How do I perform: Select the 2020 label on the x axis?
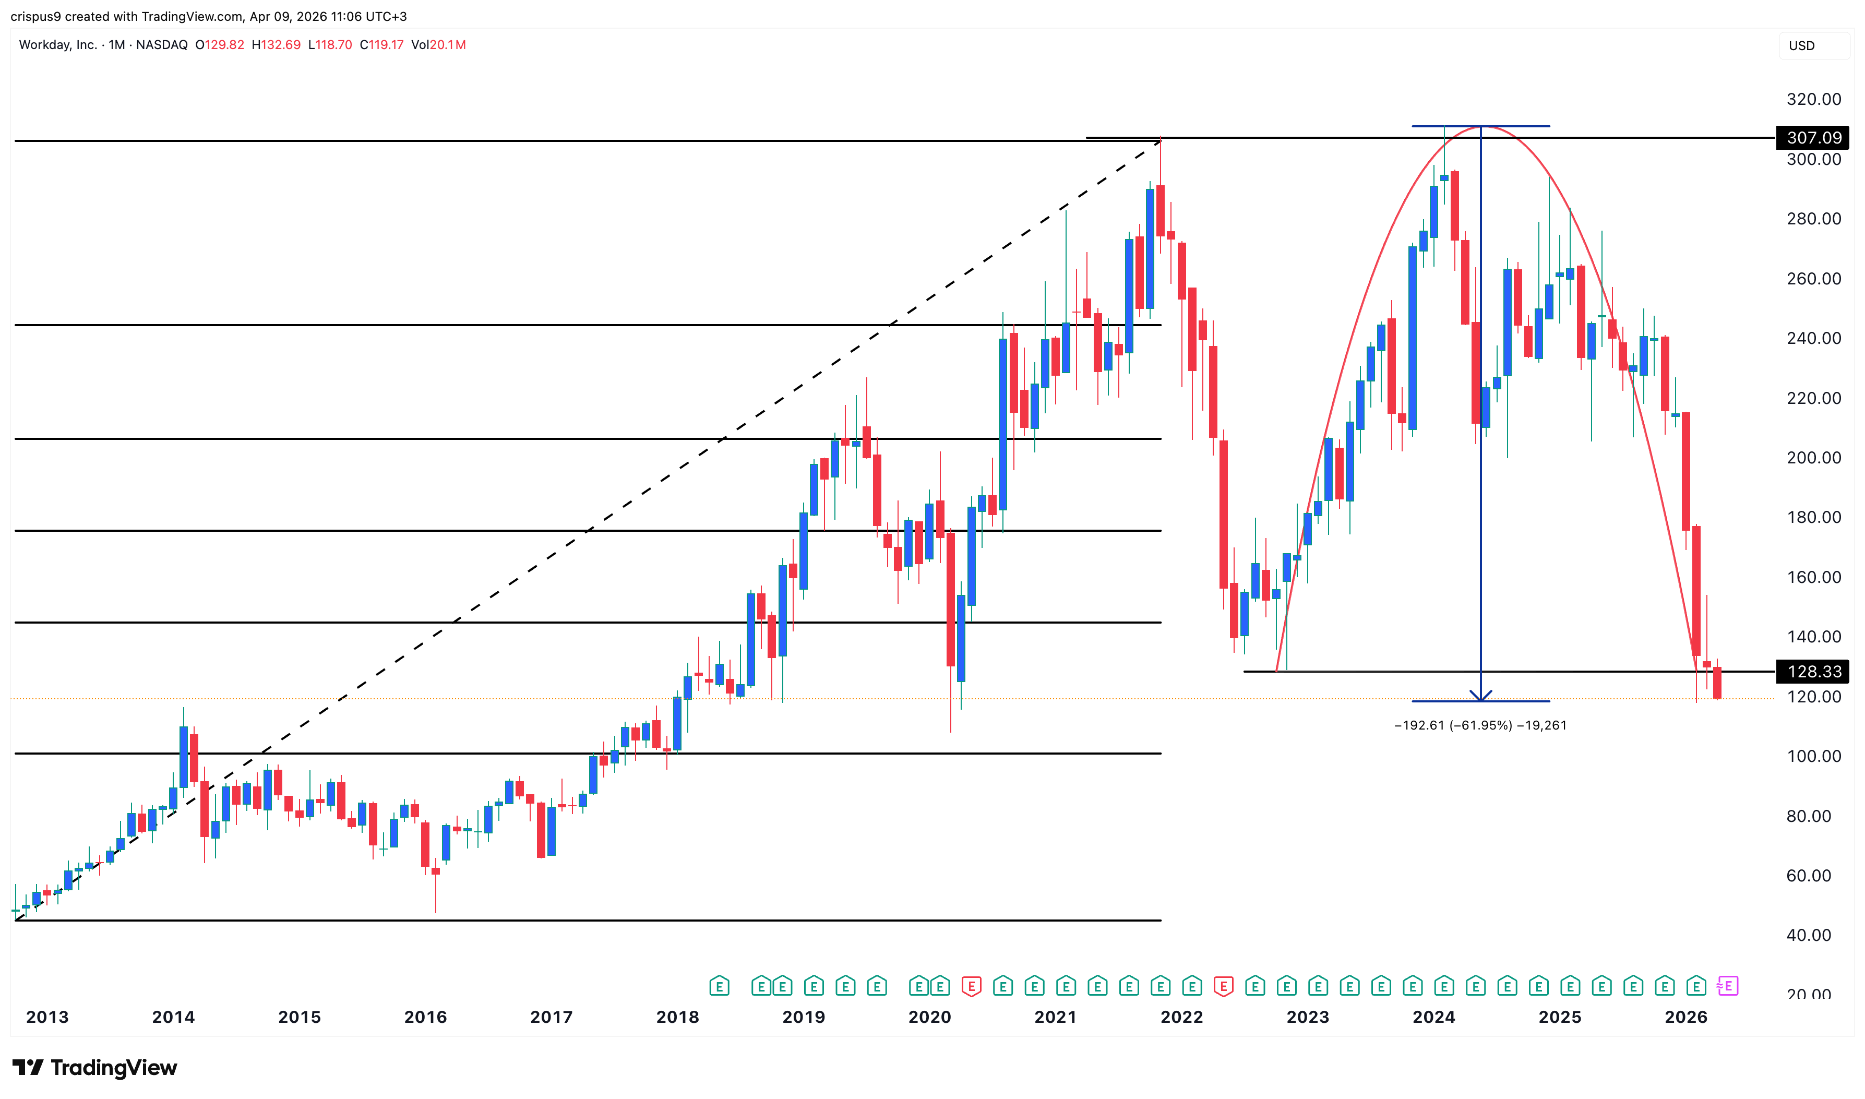pyautogui.click(x=929, y=1017)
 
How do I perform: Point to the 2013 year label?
pyautogui.click(x=47, y=1017)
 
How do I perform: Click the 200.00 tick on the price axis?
pyautogui.click(x=1813, y=458)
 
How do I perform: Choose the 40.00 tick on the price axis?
pyautogui.click(x=1808, y=935)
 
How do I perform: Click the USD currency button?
pyautogui.click(x=1801, y=46)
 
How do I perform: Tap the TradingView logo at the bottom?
pyautogui.click(x=95, y=1067)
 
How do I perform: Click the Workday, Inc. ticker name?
pyautogui.click(x=58, y=44)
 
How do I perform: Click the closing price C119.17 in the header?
pyautogui.click(x=381, y=44)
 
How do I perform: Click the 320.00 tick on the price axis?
pyautogui.click(x=1813, y=99)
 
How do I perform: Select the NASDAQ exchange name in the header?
pyautogui.click(x=161, y=44)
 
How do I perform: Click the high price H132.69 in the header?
pyautogui.click(x=276, y=44)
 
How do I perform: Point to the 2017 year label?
pyautogui.click(x=551, y=1017)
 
